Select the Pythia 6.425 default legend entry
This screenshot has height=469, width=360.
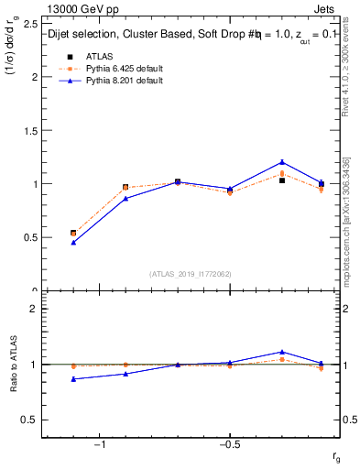[109, 69]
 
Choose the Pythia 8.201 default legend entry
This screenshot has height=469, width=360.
[109, 81]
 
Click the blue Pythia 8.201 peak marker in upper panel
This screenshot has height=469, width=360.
[282, 162]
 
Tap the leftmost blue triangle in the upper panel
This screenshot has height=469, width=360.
[73, 243]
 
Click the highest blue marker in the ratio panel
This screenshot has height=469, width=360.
[282, 352]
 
